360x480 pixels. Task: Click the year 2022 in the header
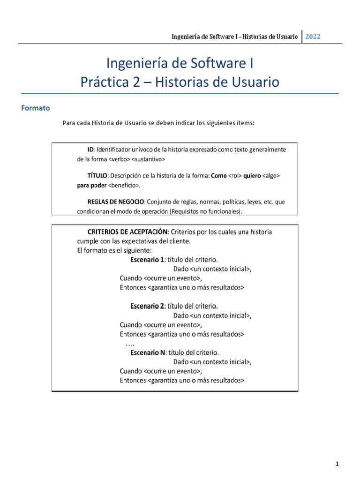pos(313,37)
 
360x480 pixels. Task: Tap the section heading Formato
pos(36,108)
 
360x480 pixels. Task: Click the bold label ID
pos(91,149)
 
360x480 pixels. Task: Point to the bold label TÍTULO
pos(97,175)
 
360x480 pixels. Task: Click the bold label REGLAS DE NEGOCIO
pos(116,202)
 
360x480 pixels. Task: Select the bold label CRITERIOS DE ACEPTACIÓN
pos(128,232)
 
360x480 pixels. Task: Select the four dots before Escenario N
pos(130,344)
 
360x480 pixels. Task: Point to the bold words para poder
pos(92,185)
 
